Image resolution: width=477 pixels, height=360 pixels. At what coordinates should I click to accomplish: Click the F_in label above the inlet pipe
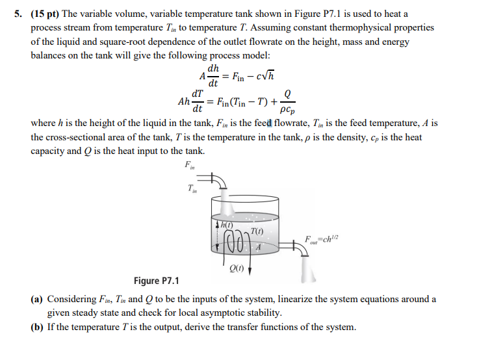[x=190, y=165]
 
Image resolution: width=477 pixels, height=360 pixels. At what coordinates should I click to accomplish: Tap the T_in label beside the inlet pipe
[x=191, y=189]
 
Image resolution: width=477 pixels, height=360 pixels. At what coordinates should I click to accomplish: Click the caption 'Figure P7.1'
[x=156, y=281]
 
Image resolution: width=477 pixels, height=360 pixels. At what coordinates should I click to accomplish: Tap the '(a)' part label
[x=38, y=300]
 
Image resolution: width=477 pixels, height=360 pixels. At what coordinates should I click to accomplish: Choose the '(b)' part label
[x=38, y=327]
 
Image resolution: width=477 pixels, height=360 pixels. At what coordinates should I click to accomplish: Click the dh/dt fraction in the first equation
[x=213, y=76]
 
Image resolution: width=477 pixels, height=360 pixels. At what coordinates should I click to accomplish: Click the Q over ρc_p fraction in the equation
[x=288, y=102]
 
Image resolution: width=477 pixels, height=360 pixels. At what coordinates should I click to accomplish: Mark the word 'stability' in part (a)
[x=263, y=313]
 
